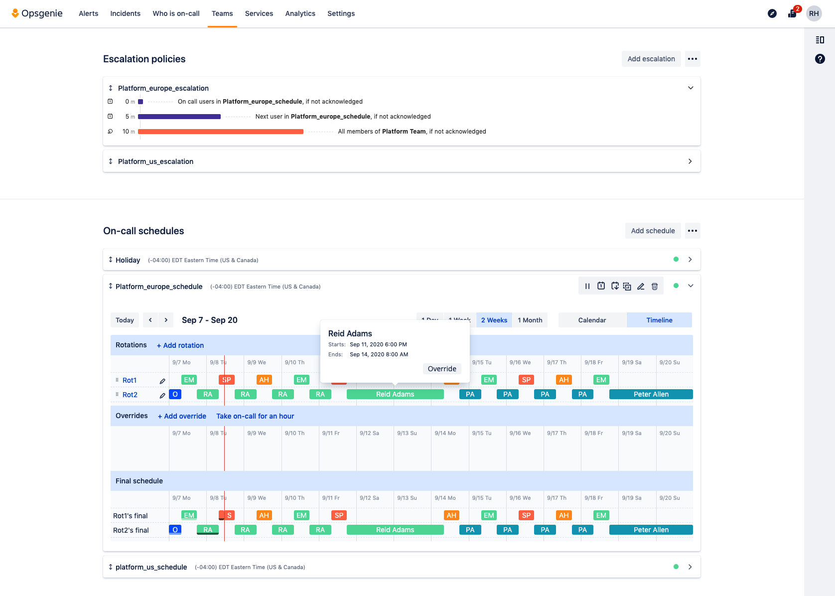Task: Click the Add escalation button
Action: coord(651,59)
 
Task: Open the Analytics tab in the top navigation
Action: coord(300,13)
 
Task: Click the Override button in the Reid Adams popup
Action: coord(441,369)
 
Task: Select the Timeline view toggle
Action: coord(659,320)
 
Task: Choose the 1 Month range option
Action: coord(530,320)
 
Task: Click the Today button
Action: coord(125,320)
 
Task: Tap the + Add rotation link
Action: coord(180,345)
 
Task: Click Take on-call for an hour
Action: coord(255,416)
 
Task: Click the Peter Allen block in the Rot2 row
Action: coord(651,394)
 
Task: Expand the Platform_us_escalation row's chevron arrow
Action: coord(690,161)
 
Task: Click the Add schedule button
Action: coord(653,231)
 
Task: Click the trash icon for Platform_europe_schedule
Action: coord(655,286)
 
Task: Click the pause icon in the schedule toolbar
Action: coord(587,286)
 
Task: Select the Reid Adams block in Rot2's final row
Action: coord(395,530)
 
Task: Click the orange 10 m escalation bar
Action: coord(221,132)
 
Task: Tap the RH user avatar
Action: coord(814,13)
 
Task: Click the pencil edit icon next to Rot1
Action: coord(162,381)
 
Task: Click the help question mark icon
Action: coord(820,59)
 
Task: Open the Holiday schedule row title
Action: coord(128,260)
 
